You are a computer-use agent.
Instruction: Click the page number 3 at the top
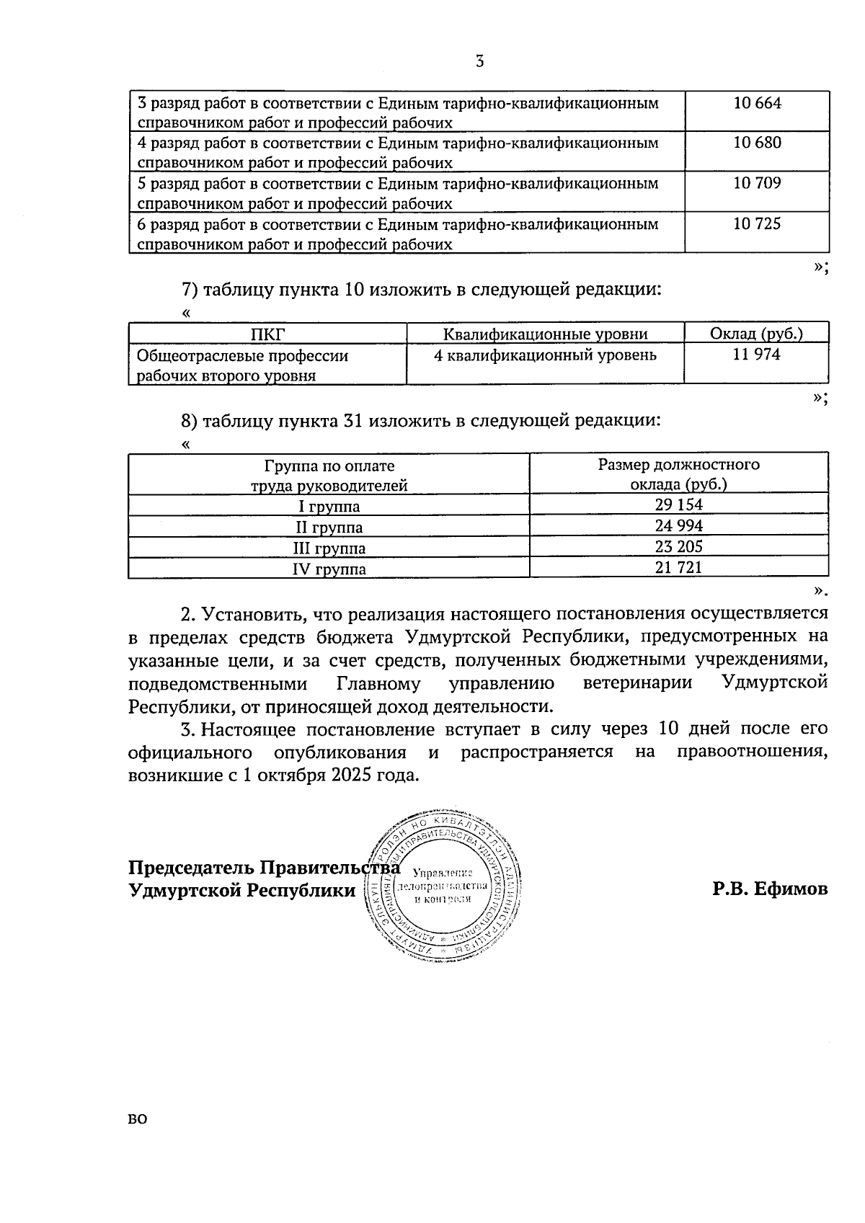(479, 62)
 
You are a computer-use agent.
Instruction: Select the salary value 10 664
(757, 103)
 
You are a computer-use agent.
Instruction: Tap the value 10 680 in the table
(757, 143)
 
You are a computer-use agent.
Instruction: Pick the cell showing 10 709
(757, 183)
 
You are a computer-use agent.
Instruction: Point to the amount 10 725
(757, 223)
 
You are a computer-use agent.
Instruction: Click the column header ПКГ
(267, 334)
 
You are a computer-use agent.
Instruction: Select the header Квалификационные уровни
(545, 334)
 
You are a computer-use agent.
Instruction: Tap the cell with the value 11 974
(756, 354)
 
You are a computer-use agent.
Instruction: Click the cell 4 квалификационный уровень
(545, 355)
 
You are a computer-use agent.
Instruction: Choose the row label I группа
(329, 506)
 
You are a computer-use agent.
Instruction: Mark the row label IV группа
(329, 569)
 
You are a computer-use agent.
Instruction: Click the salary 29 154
(678, 504)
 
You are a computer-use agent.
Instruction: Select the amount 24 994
(678, 525)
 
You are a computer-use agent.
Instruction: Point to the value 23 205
(678, 546)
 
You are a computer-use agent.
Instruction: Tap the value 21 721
(678, 567)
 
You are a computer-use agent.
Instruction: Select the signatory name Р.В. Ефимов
(770, 889)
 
